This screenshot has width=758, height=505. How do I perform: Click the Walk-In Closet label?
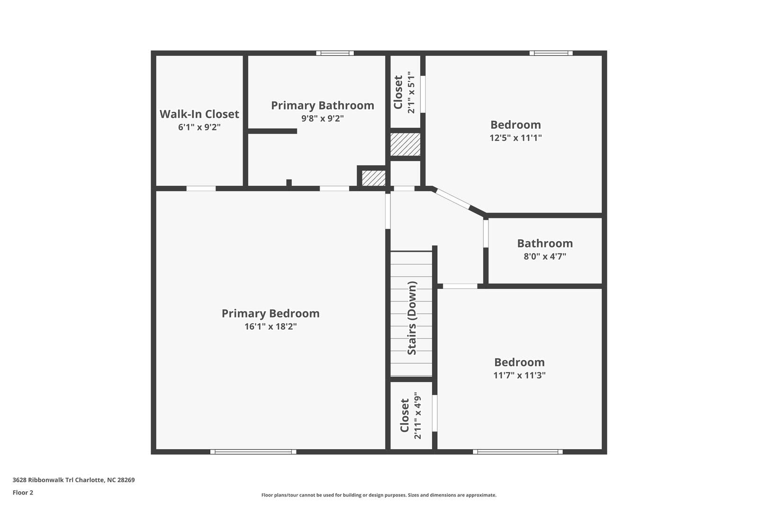pyautogui.click(x=199, y=114)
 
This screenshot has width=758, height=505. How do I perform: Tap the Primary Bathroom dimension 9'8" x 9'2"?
pyautogui.click(x=323, y=118)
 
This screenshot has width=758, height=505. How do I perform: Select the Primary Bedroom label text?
pyautogui.click(x=271, y=314)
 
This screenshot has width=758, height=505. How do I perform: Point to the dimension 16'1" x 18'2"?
pyautogui.click(x=271, y=326)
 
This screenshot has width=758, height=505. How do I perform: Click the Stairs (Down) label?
pyautogui.click(x=412, y=318)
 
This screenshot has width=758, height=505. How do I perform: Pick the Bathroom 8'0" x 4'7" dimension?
pyautogui.click(x=545, y=256)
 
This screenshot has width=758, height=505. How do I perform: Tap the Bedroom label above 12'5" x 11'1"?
pyautogui.click(x=515, y=125)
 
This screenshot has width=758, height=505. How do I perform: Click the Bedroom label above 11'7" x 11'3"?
pyautogui.click(x=519, y=362)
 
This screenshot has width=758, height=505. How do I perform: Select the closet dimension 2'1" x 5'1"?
pyautogui.click(x=411, y=92)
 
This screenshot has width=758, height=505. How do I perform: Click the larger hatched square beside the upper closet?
pyautogui.click(x=405, y=144)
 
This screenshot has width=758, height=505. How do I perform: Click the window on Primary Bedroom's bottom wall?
pyautogui.click(x=253, y=451)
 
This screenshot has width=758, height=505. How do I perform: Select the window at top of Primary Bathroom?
pyautogui.click(x=334, y=53)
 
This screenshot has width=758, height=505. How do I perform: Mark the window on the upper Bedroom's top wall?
pyautogui.click(x=551, y=53)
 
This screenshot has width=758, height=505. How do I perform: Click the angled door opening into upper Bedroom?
pyautogui.click(x=452, y=198)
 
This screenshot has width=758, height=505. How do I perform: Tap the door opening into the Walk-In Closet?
pyautogui.click(x=201, y=189)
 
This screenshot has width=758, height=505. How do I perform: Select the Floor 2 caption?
pyautogui.click(x=23, y=493)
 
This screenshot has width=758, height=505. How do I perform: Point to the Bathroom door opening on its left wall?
pyautogui.click(x=486, y=234)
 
